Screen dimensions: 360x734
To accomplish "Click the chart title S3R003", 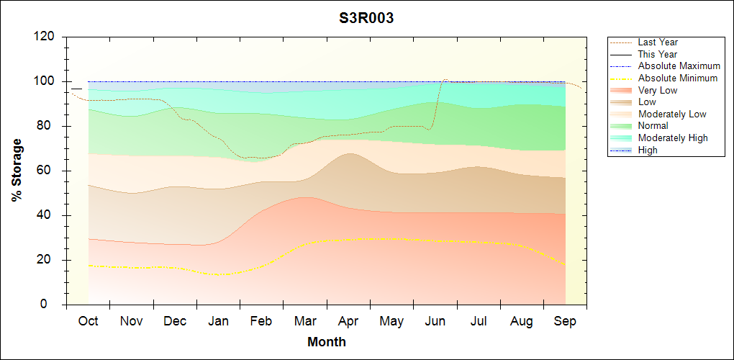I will tap(366, 19).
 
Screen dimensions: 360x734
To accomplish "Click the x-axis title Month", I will tap(326, 342).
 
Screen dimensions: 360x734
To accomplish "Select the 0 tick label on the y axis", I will tap(53, 305).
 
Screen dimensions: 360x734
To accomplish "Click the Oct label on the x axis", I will tap(88, 321).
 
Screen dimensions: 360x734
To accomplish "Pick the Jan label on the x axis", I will tap(218, 321).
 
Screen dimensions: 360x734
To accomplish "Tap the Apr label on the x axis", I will tap(348, 321).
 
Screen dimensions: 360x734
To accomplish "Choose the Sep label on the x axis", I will tap(565, 321).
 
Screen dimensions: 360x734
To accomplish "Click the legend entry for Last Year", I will tap(658, 42).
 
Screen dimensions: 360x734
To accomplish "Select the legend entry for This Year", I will tap(658, 54).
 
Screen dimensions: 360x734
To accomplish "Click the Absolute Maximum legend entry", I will tap(679, 66).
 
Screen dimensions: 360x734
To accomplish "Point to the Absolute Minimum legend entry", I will tap(678, 78).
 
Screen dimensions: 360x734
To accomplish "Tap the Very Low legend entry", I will tap(658, 90).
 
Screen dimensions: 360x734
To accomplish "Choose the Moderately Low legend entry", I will tap(672, 114).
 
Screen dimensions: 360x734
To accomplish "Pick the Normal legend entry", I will tap(653, 126).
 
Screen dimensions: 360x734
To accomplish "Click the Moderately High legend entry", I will tap(673, 138).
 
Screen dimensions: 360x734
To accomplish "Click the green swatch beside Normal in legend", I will tap(621, 126).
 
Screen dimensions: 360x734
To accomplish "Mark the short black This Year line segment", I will tap(76, 89).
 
